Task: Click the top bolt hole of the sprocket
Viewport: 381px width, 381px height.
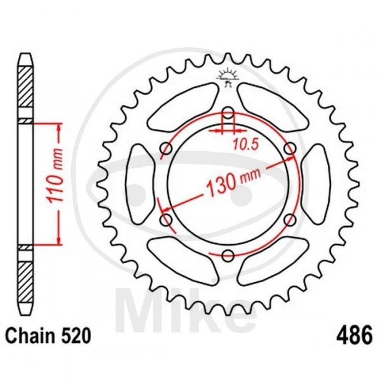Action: coord(228,113)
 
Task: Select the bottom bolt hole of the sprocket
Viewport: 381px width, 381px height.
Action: coord(228,255)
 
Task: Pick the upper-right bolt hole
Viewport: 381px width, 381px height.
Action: coord(290,148)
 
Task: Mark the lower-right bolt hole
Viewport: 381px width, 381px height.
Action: coord(290,219)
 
